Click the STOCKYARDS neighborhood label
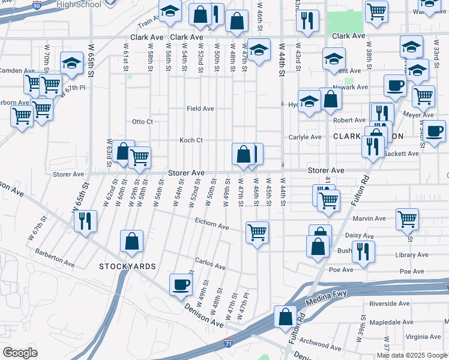(128, 266)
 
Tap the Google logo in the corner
(19, 353)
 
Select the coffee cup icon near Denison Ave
(180, 285)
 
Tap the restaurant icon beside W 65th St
(85, 220)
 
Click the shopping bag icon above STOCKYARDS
(131, 241)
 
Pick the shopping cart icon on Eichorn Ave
(258, 232)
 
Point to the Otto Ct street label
(143, 122)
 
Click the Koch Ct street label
(191, 140)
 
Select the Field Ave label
(200, 109)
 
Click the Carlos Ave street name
(210, 263)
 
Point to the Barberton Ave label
(55, 259)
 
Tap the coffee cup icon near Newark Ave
(395, 86)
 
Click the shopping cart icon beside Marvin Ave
(407, 218)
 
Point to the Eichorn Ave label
(212, 226)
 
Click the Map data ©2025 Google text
(412, 355)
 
